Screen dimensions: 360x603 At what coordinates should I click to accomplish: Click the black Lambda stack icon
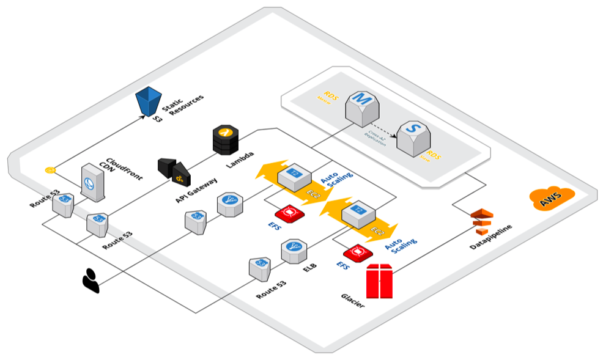pyautogui.click(x=224, y=140)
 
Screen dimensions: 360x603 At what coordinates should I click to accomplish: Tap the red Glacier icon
pyautogui.click(x=379, y=281)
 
